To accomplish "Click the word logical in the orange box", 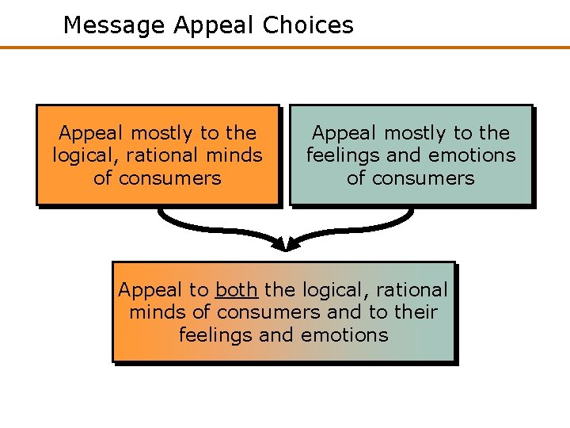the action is pyautogui.click(x=82, y=155).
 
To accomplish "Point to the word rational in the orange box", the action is pyautogui.click(x=162, y=155).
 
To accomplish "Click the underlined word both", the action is pyautogui.click(x=236, y=290).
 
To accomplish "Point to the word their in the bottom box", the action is pyautogui.click(x=416, y=312).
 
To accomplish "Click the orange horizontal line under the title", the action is pyautogui.click(x=285, y=48).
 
